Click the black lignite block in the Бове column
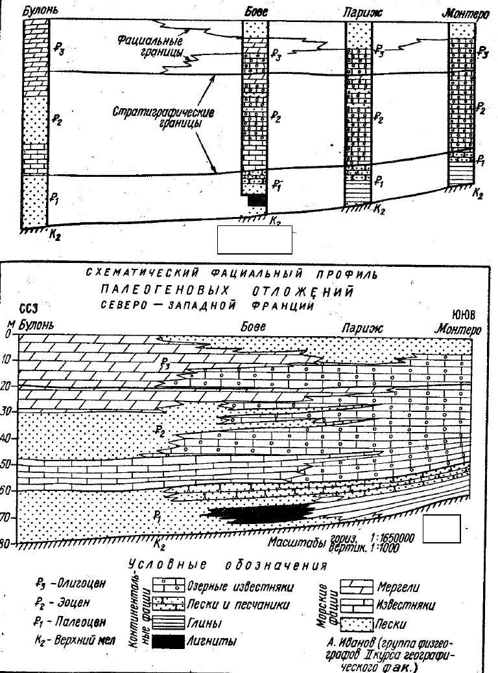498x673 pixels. pyautogui.click(x=256, y=201)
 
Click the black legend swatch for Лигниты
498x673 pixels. pyautogui.click(x=168, y=641)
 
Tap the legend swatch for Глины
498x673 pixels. pyautogui.click(x=168, y=623)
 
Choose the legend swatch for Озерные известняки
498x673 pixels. pyautogui.click(x=168, y=587)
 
